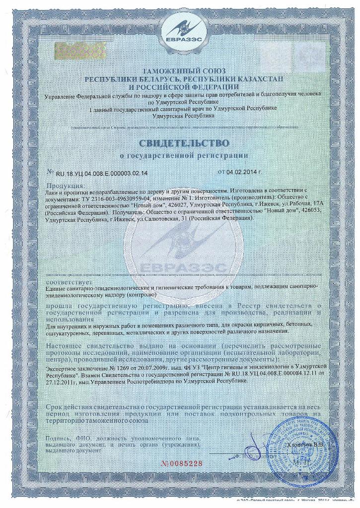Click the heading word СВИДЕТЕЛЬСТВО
coord(180,143)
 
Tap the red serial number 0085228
coord(183,464)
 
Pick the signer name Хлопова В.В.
coord(305,445)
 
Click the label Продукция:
coord(60,185)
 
